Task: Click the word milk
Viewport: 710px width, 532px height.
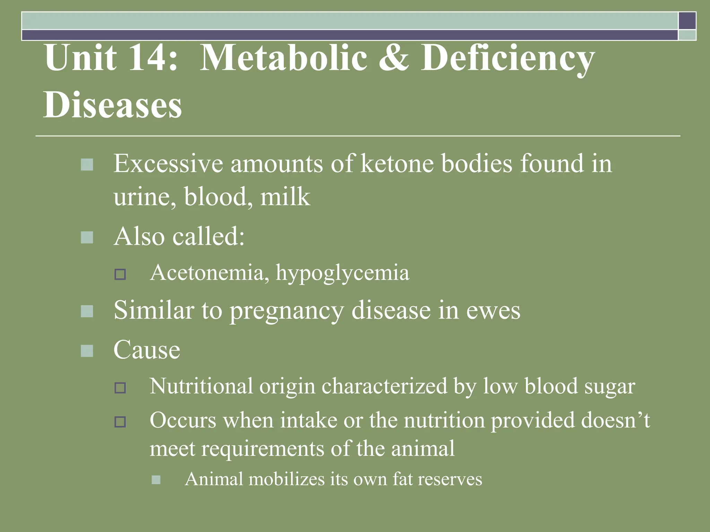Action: point(285,196)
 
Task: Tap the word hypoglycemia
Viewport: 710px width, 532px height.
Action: point(343,273)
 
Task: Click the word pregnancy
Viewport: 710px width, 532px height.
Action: point(287,310)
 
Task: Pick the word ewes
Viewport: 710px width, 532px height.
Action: point(493,310)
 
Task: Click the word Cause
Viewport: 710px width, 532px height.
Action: point(147,350)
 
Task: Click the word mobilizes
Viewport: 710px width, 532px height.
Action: point(286,479)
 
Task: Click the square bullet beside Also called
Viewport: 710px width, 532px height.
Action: point(87,238)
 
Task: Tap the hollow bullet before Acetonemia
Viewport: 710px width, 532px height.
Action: point(120,274)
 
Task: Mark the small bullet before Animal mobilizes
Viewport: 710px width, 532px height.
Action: point(156,480)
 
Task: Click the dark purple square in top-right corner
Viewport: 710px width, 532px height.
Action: point(687,20)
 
